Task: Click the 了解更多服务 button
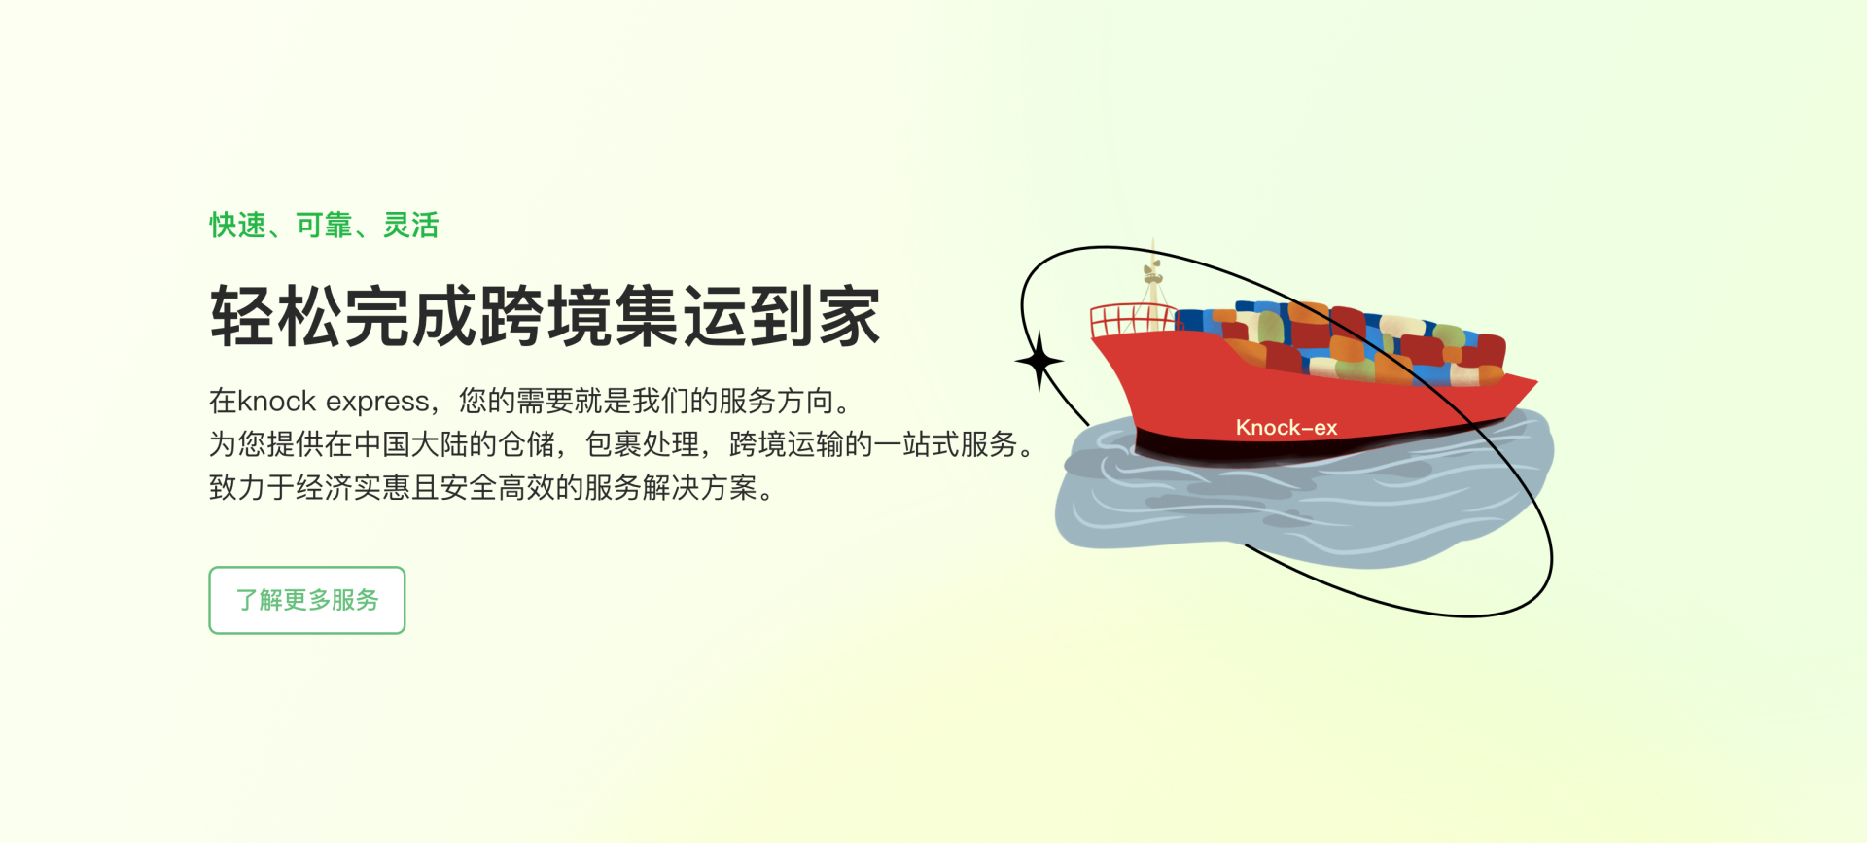pyautogui.click(x=306, y=600)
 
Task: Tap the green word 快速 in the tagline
pyautogui.click(x=237, y=226)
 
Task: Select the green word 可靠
pyautogui.click(x=324, y=226)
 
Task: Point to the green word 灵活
pyautogui.click(x=410, y=226)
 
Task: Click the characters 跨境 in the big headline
pyautogui.click(x=545, y=316)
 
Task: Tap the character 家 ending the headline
pyautogui.click(x=849, y=316)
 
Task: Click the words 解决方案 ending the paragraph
pyautogui.click(x=699, y=487)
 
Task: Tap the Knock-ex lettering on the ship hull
pyautogui.click(x=1286, y=427)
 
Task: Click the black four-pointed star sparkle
pyautogui.click(x=1039, y=361)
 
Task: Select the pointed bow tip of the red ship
pyautogui.click(x=1534, y=379)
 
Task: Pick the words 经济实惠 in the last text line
pyautogui.click(x=353, y=487)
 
